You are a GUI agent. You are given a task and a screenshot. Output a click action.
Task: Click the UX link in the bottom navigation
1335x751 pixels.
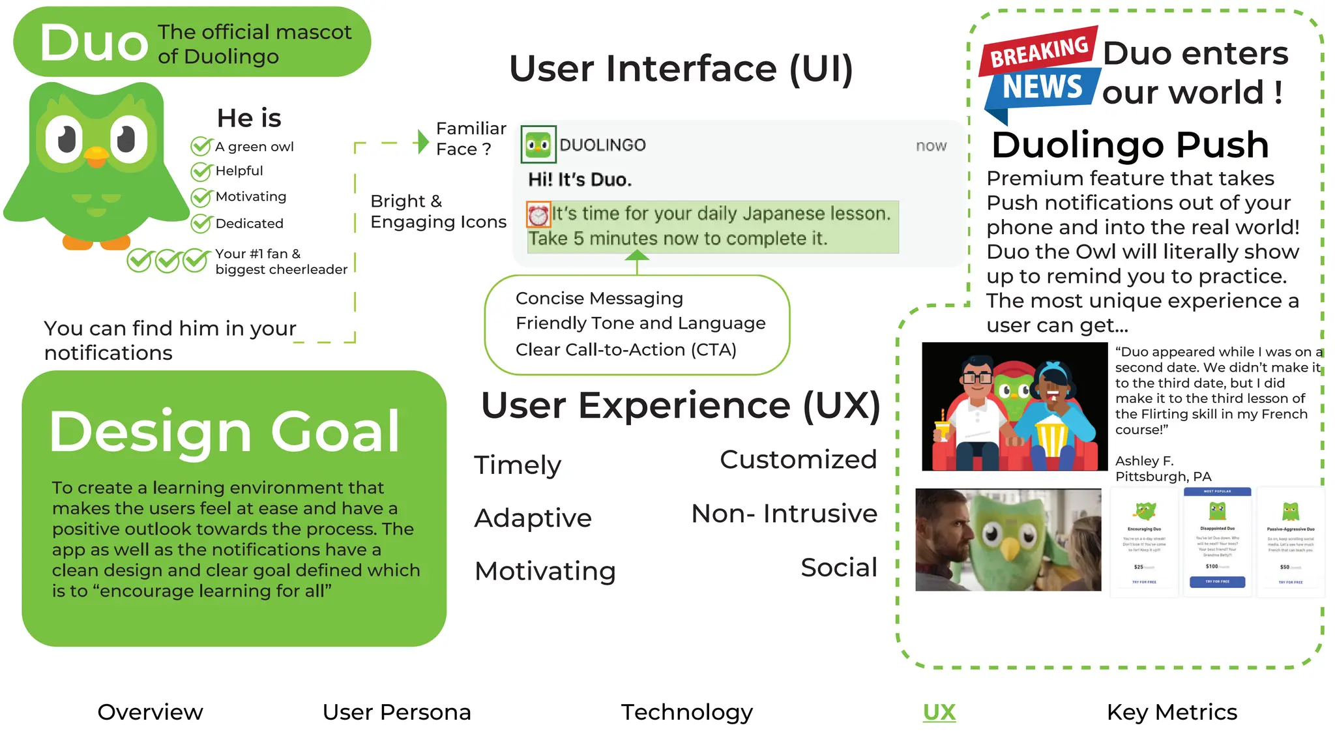pos(939,712)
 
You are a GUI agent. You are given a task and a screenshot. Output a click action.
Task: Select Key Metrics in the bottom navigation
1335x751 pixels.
pos(1171,712)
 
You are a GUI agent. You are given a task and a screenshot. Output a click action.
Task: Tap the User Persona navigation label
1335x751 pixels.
pos(396,712)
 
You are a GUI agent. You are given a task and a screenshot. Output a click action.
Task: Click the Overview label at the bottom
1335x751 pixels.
pos(150,712)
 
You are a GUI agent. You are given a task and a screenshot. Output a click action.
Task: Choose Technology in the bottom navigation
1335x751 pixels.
pos(686,712)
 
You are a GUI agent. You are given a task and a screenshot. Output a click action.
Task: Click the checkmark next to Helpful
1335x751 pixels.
pos(201,171)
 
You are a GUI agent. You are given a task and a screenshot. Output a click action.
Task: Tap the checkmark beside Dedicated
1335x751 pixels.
pos(201,224)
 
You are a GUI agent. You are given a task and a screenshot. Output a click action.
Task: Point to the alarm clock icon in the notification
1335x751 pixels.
pos(538,214)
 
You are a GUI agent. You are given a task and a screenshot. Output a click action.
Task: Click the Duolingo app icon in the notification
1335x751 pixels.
pos(538,144)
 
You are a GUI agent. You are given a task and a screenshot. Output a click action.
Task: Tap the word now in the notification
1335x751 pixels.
pos(931,145)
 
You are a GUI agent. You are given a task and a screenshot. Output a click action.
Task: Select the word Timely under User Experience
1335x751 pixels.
pos(517,465)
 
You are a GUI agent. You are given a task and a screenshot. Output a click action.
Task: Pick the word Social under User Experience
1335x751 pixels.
pos(838,567)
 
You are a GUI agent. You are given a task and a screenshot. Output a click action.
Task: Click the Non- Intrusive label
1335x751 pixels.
pos(784,514)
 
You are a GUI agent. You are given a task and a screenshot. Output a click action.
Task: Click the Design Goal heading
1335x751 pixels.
pos(224,432)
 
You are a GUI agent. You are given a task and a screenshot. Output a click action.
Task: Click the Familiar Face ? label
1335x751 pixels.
pos(471,138)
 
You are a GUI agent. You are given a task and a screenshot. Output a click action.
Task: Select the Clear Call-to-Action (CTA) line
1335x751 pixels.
pos(626,350)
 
